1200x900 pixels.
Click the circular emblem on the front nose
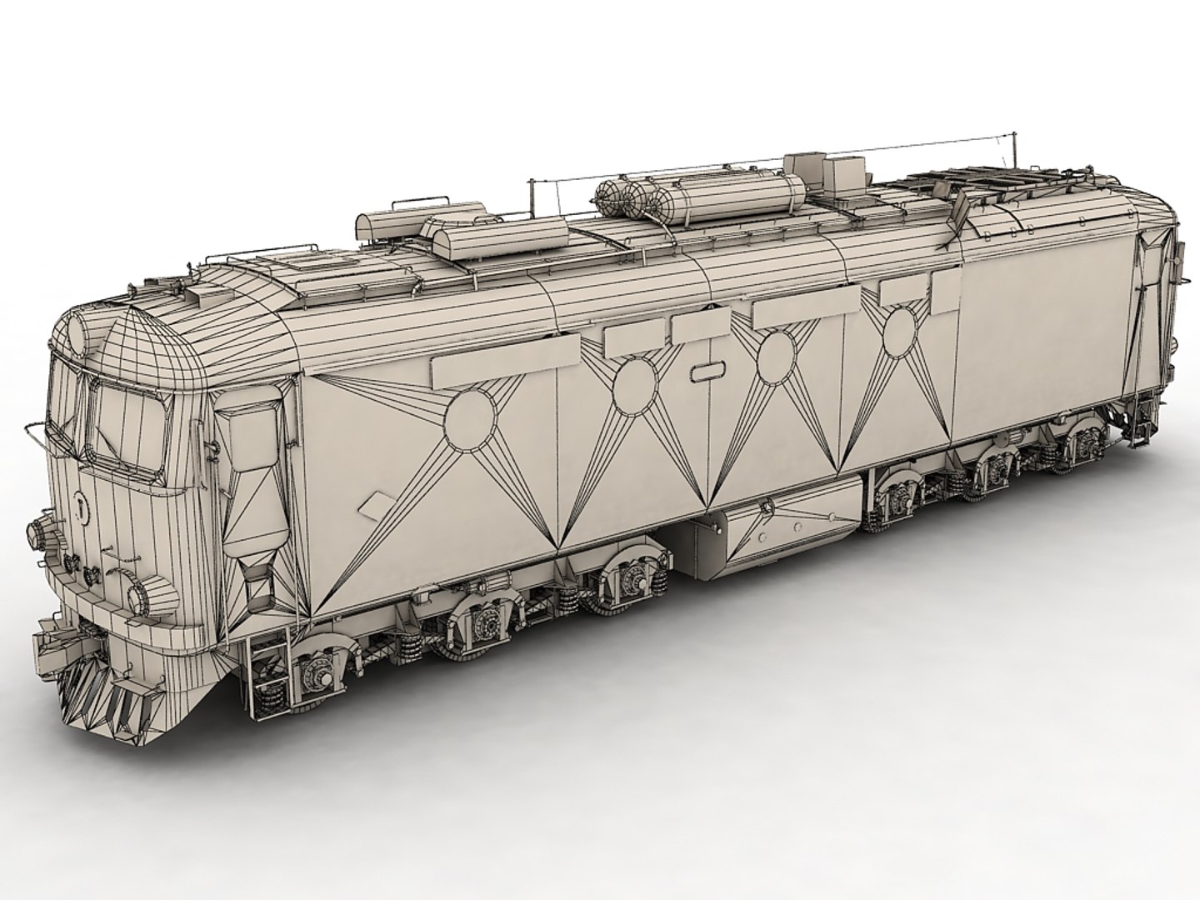pyautogui.click(x=79, y=505)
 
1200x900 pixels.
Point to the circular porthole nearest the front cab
pyautogui.click(x=471, y=418)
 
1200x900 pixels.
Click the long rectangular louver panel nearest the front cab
pyautogui.click(x=505, y=362)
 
